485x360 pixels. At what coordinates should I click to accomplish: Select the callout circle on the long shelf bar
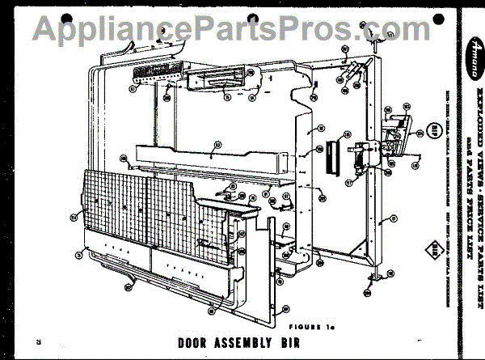pyautogui.click(x=217, y=146)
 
